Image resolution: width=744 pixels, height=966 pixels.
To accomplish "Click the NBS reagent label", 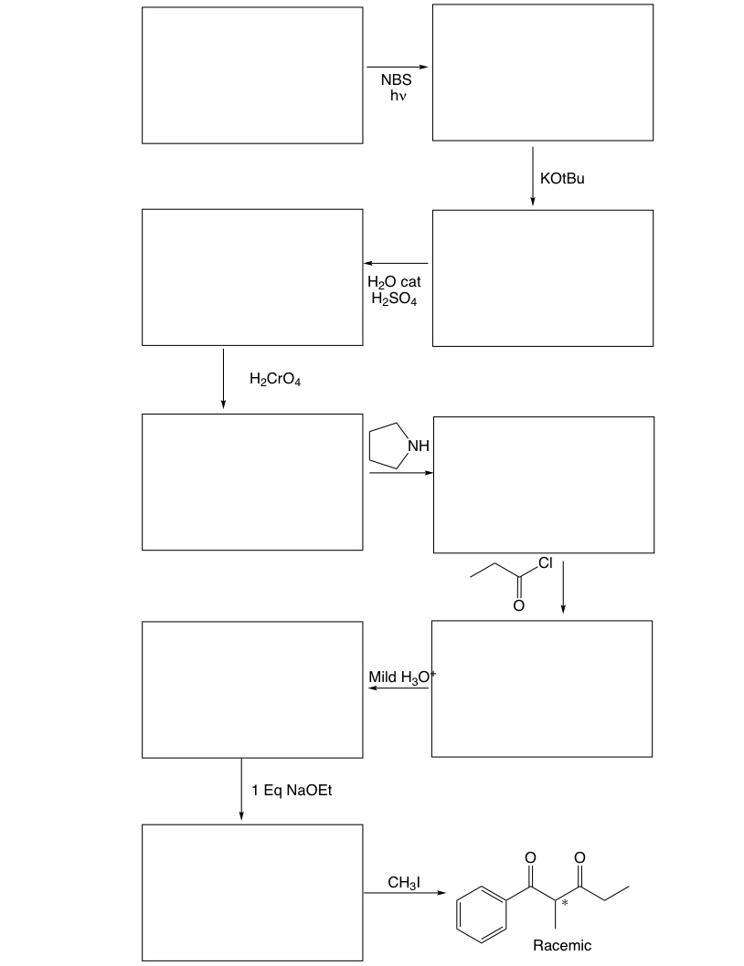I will click(396, 81).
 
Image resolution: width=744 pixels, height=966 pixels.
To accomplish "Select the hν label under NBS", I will click(396, 97).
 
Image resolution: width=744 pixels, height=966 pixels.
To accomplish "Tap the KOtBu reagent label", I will click(562, 179).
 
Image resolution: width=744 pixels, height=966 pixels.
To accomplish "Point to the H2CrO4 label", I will click(274, 379).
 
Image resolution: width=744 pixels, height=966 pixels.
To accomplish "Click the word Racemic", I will click(562, 945).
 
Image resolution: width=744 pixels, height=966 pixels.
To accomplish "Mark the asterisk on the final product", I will click(566, 903).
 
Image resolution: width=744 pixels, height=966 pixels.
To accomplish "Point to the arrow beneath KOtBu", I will click(533, 177).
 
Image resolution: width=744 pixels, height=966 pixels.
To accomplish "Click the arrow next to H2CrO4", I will click(223, 378).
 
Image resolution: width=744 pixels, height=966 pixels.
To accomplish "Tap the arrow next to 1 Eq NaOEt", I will click(241, 789).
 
